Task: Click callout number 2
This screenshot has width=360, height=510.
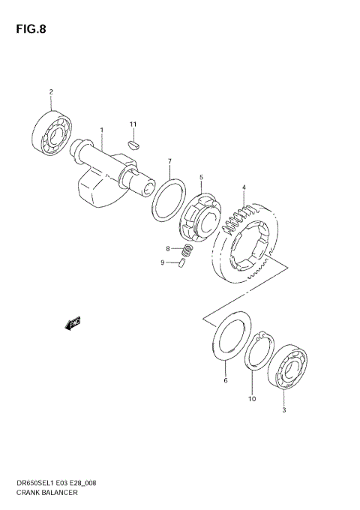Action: tap(52, 93)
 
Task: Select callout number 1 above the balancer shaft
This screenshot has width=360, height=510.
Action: tap(102, 130)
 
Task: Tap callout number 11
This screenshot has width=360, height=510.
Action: tap(133, 124)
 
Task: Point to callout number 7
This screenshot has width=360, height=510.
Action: tap(170, 162)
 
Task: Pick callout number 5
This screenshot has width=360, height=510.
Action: tap(201, 178)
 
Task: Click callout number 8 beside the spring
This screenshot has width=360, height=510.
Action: tap(169, 247)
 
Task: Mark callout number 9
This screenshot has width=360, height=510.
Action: tap(161, 262)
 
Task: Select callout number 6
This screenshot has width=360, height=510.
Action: tap(225, 381)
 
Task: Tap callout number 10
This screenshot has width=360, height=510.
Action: tap(252, 399)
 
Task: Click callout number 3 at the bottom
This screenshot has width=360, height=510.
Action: tap(283, 410)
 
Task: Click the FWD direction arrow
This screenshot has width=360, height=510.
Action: tap(73, 324)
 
